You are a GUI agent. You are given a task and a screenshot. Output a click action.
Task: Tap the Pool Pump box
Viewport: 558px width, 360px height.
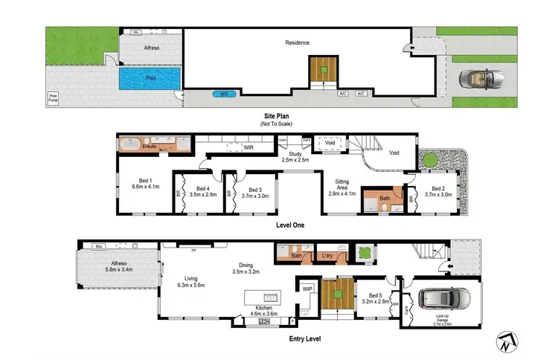point(53,97)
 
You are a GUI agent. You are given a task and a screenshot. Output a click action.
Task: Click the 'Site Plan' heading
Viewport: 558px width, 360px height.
point(279,117)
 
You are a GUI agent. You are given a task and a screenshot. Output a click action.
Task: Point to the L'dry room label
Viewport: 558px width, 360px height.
point(327,257)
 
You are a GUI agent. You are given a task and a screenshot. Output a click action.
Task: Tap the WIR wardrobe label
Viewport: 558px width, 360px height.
point(248,148)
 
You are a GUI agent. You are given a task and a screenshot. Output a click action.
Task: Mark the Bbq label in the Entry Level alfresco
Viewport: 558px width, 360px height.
point(97,246)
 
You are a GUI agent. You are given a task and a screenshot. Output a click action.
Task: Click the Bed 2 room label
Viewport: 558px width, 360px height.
point(437,191)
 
